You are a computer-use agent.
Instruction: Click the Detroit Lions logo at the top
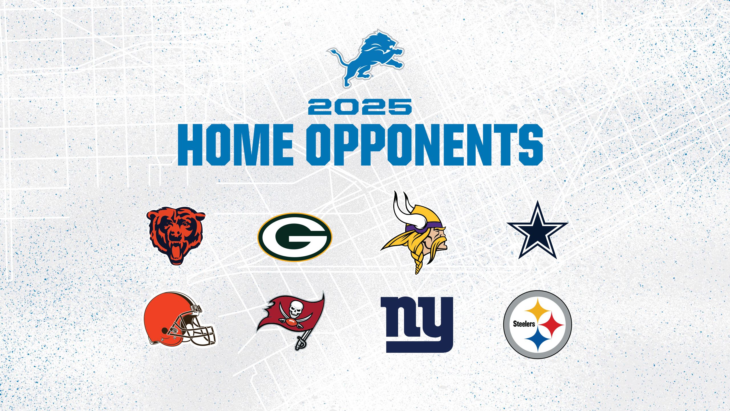pyautogui.click(x=366, y=59)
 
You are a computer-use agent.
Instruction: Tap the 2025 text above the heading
pyautogui.click(x=360, y=107)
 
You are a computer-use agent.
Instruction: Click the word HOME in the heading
pyautogui.click(x=235, y=145)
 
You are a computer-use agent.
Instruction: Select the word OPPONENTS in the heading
pyautogui.click(x=425, y=145)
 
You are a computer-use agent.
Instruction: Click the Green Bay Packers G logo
pyautogui.click(x=295, y=237)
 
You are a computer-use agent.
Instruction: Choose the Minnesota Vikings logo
pyautogui.click(x=415, y=233)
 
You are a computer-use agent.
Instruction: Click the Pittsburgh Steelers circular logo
pyautogui.click(x=538, y=325)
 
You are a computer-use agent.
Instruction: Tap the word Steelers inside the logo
pyautogui.click(x=524, y=324)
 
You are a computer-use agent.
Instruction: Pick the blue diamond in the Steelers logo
pyautogui.click(x=537, y=340)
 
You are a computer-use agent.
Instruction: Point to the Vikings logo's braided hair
pyautogui.click(x=417, y=263)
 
